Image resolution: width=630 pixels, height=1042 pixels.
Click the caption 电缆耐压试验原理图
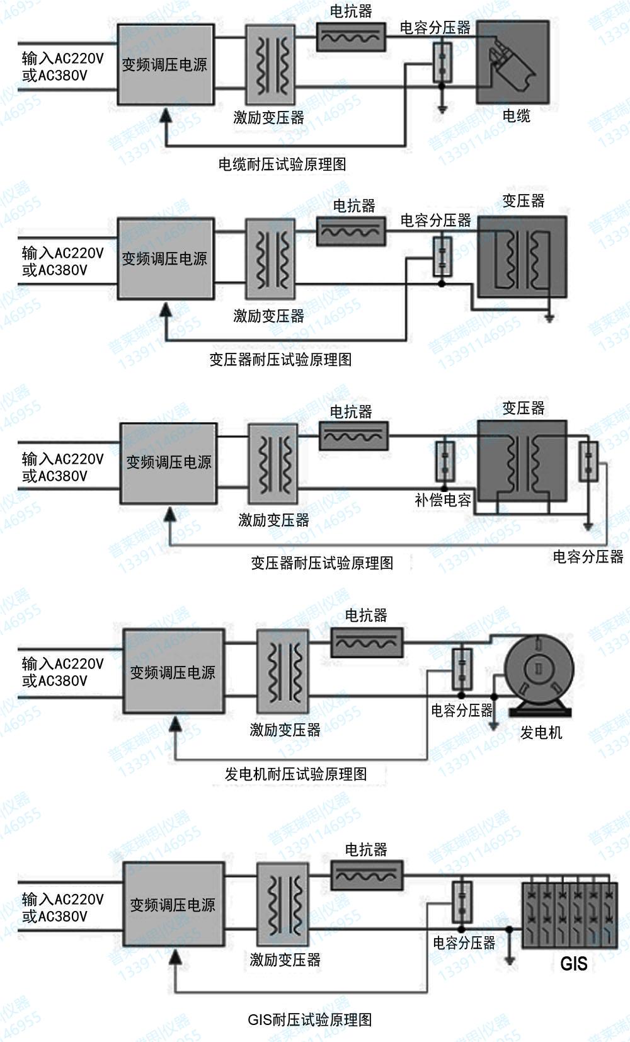click(x=282, y=164)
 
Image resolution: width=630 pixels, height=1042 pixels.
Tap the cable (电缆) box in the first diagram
click(x=512, y=62)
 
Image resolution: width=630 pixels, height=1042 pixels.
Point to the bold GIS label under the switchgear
click(x=573, y=964)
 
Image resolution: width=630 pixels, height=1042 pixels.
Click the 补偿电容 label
click(x=443, y=501)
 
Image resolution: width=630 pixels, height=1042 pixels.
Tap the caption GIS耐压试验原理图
click(x=309, y=1019)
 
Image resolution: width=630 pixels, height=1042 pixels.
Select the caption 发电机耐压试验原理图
click(x=295, y=774)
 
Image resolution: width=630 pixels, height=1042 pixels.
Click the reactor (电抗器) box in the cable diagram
click(x=351, y=37)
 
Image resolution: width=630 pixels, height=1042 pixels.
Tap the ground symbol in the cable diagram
click(x=442, y=110)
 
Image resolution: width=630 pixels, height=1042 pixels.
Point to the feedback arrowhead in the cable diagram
click(x=166, y=114)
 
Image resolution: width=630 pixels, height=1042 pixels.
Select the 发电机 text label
click(x=541, y=733)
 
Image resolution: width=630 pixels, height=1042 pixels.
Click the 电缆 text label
click(x=516, y=116)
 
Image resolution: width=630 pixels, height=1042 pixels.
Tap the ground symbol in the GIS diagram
click(x=510, y=961)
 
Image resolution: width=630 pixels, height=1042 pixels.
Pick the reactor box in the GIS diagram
click(x=367, y=875)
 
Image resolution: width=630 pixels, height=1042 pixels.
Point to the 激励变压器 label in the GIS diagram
click(x=285, y=960)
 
